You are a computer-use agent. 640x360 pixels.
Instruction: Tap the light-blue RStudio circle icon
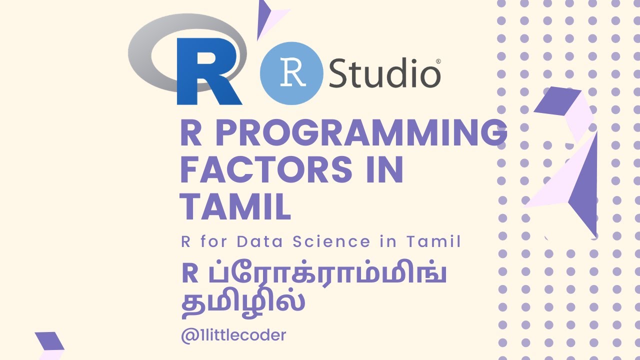click(290, 73)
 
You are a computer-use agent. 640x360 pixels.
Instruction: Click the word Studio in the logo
click(383, 73)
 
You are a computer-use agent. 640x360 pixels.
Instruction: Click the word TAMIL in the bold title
click(235, 207)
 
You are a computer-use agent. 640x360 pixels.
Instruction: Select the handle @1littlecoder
click(234, 335)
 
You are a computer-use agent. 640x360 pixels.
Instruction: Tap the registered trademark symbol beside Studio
click(438, 61)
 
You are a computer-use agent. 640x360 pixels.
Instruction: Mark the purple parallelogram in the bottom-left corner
click(49, 340)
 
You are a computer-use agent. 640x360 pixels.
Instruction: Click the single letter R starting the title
click(190, 133)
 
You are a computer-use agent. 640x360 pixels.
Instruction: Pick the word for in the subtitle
click(213, 242)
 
